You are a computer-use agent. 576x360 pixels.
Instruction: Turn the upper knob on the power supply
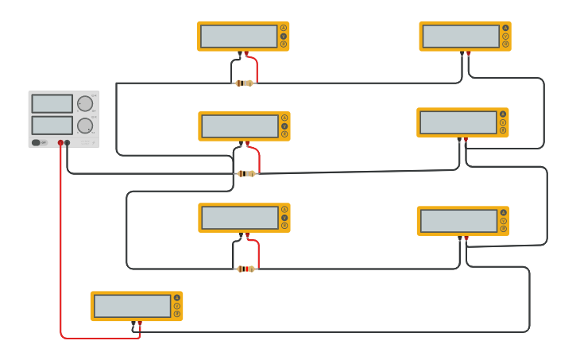tap(85, 103)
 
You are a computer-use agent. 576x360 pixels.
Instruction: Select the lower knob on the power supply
tap(85, 126)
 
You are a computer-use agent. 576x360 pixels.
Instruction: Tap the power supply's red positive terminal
tap(60, 143)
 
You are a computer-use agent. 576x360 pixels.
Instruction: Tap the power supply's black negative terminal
tap(68, 143)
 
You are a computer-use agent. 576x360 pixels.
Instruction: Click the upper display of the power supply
tap(52, 103)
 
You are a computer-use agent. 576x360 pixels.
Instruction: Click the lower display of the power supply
tap(52, 125)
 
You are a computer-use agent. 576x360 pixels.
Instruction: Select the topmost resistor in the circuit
tap(245, 83)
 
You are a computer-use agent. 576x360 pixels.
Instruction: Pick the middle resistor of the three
tap(245, 173)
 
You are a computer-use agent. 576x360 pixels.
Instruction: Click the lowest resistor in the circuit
tap(246, 269)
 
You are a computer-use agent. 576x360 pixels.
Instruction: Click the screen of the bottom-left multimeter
tap(132, 306)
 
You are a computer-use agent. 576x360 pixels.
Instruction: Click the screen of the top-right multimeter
tap(461, 37)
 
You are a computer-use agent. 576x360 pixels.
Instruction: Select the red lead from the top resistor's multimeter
tap(255, 67)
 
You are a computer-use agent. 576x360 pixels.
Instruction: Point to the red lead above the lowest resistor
tap(257, 253)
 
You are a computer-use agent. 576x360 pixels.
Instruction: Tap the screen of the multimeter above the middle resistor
tap(239, 126)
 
